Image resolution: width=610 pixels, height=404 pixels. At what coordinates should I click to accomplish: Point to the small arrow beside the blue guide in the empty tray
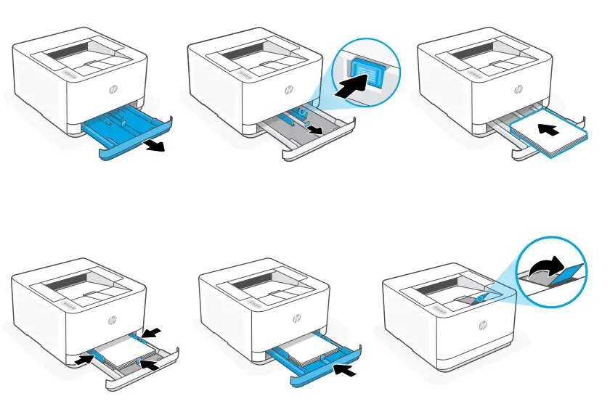tap(314, 130)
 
